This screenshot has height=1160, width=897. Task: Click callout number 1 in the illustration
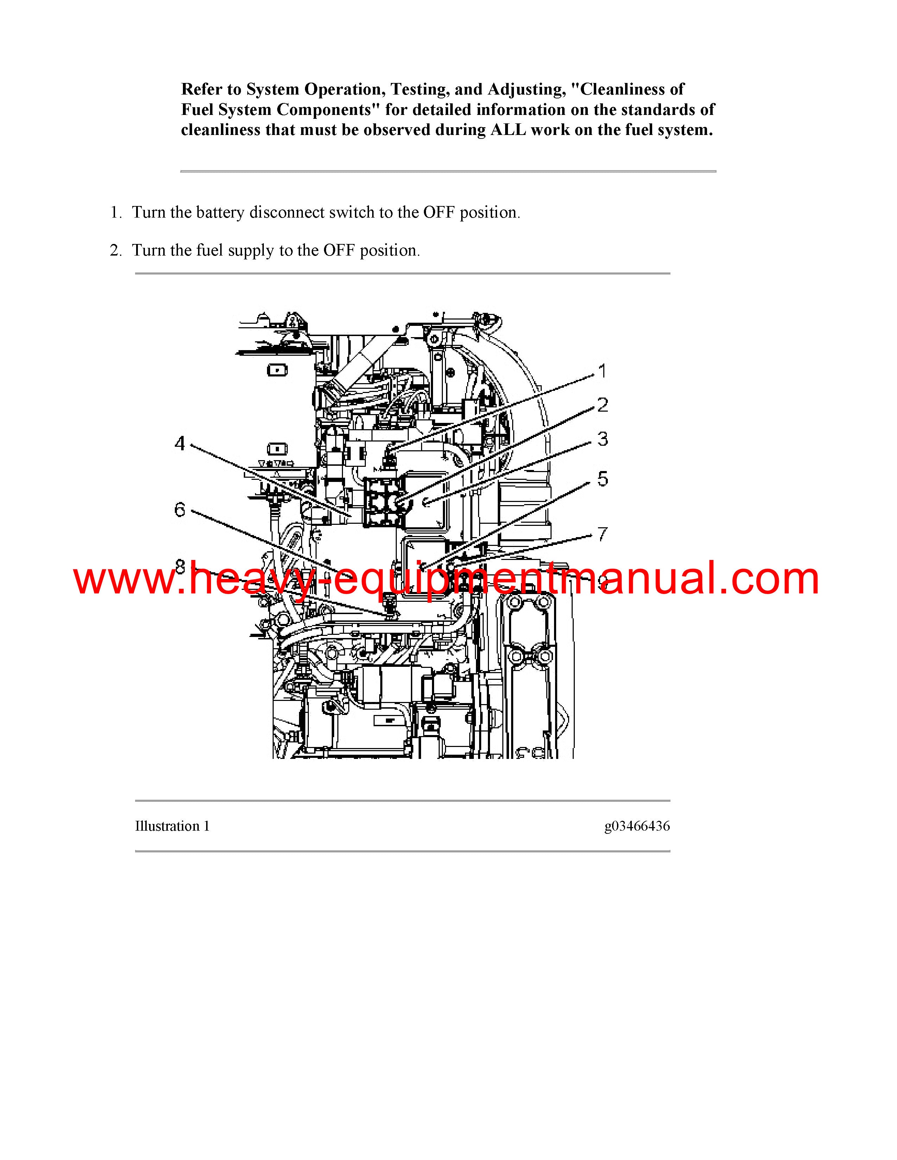pyautogui.click(x=602, y=371)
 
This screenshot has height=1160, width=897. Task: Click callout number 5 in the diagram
pyautogui.click(x=603, y=478)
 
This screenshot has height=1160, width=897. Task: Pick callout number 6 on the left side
pyautogui.click(x=180, y=510)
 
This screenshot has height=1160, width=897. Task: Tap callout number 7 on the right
pyautogui.click(x=602, y=534)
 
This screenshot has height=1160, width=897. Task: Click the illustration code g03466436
pyautogui.click(x=637, y=826)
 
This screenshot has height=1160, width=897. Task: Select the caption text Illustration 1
pyautogui.click(x=172, y=826)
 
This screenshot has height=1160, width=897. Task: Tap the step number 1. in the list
pyautogui.click(x=116, y=212)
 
